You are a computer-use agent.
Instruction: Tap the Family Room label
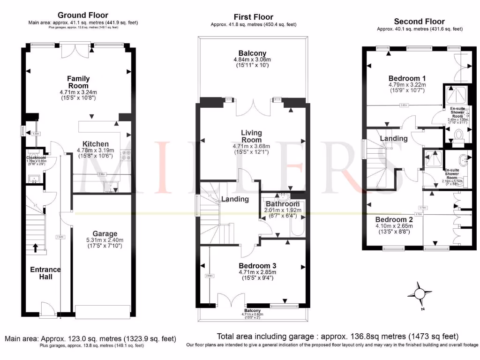(78, 82)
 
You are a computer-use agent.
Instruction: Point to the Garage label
(105, 233)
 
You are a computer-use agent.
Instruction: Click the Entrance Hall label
(45, 273)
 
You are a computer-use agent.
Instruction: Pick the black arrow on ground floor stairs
(36, 247)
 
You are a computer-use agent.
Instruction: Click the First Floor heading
(254, 17)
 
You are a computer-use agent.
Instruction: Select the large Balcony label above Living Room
(252, 53)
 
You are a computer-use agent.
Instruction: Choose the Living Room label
(251, 136)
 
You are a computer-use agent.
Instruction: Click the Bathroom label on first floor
(283, 204)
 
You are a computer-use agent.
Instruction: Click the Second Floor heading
(419, 22)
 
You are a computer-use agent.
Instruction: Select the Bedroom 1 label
(407, 78)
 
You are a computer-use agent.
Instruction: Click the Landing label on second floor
(393, 139)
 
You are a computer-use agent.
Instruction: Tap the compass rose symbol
(419, 294)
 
